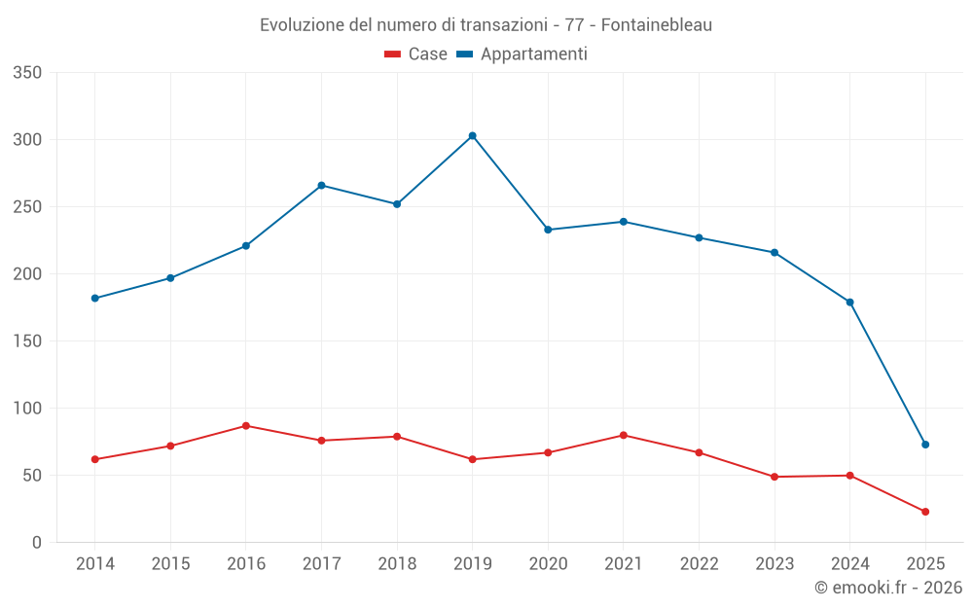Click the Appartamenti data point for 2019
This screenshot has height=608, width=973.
[x=473, y=136]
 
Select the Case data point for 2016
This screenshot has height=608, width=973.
[x=246, y=426]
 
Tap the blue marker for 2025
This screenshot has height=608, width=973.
[x=925, y=445]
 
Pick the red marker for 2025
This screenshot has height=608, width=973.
[x=925, y=512]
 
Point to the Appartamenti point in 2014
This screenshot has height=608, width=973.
[x=95, y=299]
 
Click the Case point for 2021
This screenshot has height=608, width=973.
[x=624, y=435]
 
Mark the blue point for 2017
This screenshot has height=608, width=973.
[x=322, y=186]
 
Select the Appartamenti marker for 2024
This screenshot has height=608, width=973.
[x=850, y=303]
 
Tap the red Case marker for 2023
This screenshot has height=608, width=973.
[x=775, y=477]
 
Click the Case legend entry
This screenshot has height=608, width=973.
[x=415, y=54]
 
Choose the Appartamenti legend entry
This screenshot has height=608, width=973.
[x=522, y=54]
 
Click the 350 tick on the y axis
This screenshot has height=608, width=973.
[x=28, y=73]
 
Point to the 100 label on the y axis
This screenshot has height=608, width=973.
[x=28, y=409]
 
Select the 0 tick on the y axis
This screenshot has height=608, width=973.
[x=36, y=543]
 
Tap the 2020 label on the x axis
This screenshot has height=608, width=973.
[x=548, y=564]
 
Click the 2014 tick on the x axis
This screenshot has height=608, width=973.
[x=95, y=564]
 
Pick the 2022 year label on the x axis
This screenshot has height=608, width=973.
[x=699, y=564]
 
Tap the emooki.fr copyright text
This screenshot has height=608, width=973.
[x=887, y=588]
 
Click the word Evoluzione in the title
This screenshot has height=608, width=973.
[x=302, y=25]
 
